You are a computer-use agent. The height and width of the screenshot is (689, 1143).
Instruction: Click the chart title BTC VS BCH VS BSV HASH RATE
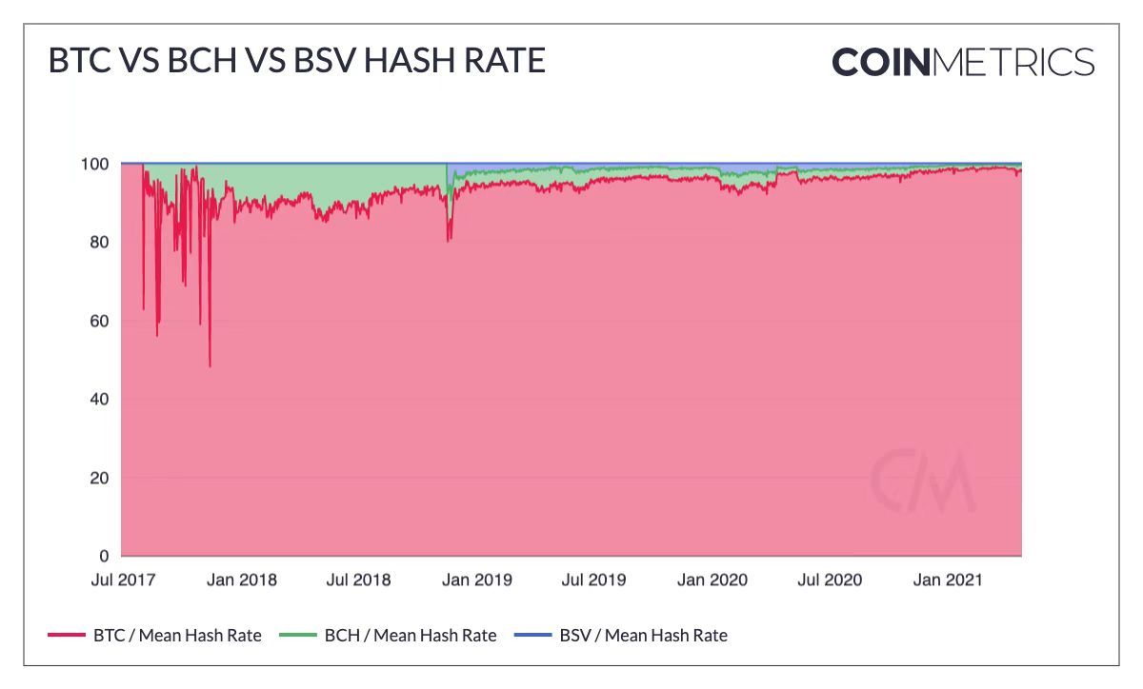point(296,61)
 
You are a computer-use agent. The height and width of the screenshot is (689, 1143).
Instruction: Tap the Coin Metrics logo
point(962,62)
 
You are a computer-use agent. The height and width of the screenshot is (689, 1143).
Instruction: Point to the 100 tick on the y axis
point(97,164)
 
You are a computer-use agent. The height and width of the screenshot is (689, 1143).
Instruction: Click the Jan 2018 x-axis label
point(241,580)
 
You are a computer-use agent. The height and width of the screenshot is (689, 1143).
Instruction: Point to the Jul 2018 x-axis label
point(358,580)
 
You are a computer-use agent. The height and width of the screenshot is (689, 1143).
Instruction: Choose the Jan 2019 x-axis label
point(476,580)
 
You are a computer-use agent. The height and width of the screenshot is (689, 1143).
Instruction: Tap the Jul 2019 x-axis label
point(593,580)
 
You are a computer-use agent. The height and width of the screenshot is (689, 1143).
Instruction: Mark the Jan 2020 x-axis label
point(712,580)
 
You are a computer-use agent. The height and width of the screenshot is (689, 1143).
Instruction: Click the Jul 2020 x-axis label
point(830,580)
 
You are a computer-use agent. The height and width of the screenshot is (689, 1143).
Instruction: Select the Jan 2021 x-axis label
point(948,580)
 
